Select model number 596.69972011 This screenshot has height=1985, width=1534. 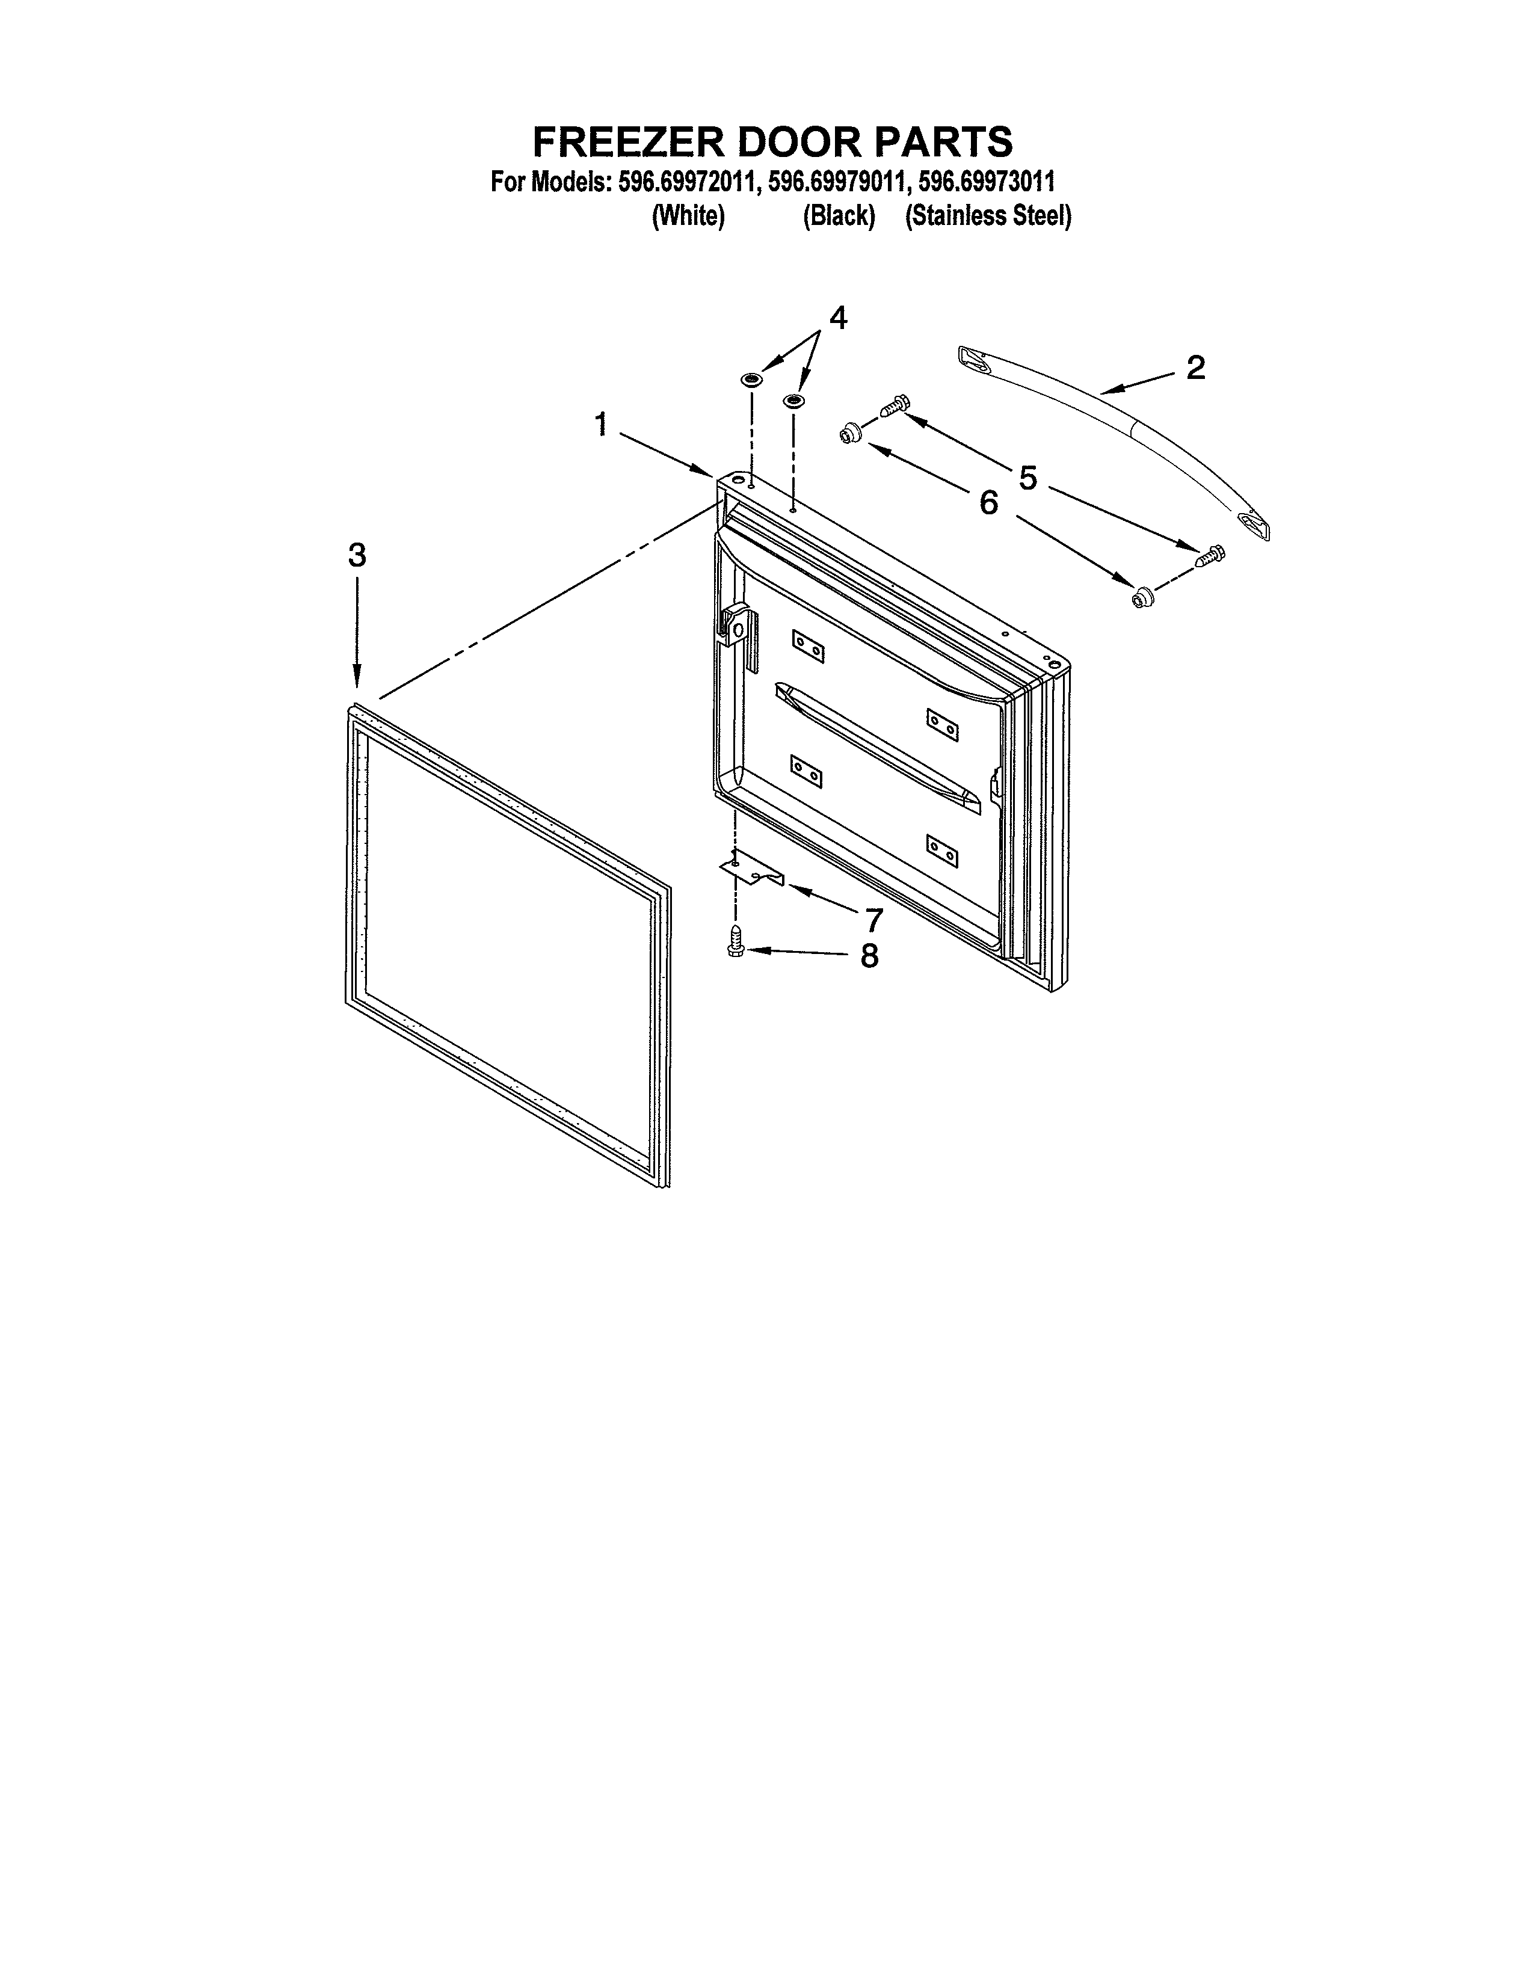point(686,182)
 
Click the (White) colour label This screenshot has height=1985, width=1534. point(688,217)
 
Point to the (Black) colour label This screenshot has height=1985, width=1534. point(838,217)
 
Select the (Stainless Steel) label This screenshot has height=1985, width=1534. point(988,217)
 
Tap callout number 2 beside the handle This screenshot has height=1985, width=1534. point(1195,367)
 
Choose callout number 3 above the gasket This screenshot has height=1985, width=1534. point(357,555)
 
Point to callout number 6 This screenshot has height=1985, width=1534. point(989,502)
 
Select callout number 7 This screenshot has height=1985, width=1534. point(873,920)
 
